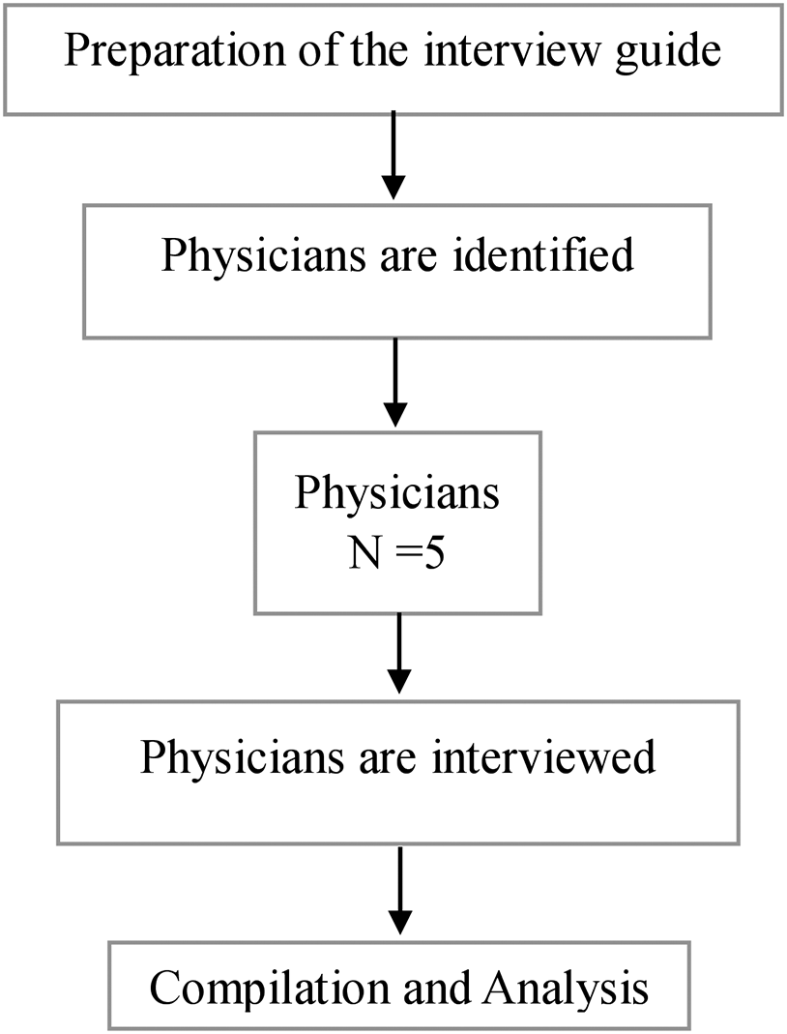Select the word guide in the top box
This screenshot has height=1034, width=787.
pyautogui.click(x=671, y=51)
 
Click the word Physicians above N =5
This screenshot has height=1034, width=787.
pyautogui.click(x=397, y=492)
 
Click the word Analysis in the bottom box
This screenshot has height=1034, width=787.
pyautogui.click(x=565, y=990)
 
